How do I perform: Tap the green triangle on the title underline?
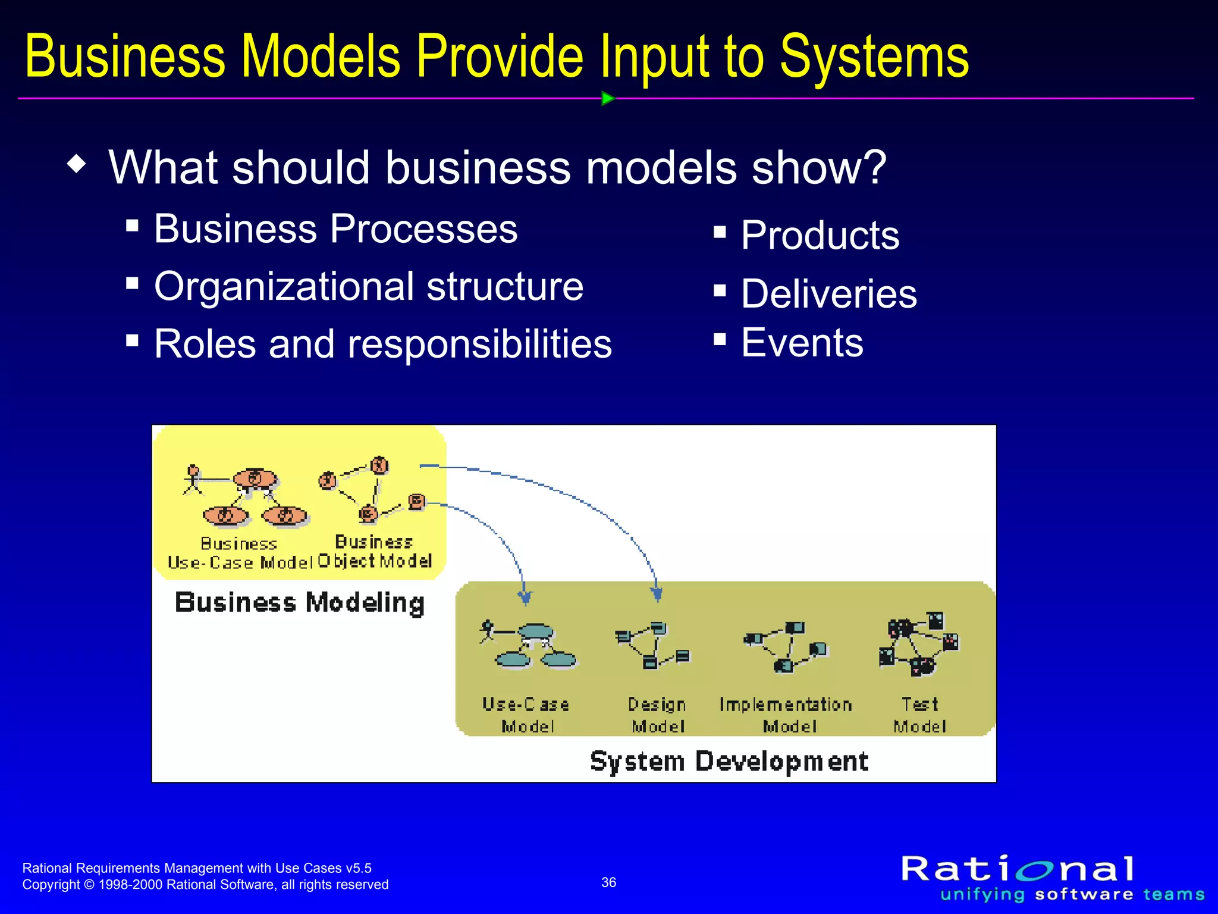click(607, 98)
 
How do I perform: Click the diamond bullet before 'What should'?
click(77, 164)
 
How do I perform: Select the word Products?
click(820, 235)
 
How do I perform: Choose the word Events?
click(802, 343)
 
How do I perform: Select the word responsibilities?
click(479, 344)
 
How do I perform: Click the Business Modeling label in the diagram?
click(299, 602)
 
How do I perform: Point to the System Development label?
click(729, 761)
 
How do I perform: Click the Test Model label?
click(919, 715)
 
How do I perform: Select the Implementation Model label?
click(786, 715)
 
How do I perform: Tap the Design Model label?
click(658, 715)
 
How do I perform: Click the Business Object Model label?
click(375, 552)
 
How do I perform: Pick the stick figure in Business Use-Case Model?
click(192, 480)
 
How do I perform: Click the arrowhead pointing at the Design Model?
click(657, 594)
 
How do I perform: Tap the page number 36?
click(608, 882)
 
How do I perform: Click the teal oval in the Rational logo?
click(1035, 871)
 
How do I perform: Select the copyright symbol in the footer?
click(89, 885)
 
